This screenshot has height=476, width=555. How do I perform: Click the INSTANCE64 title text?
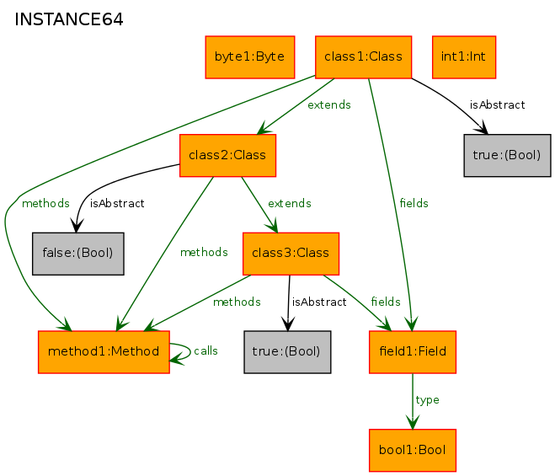coord(69,19)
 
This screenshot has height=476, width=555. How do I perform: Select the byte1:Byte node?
coord(250,57)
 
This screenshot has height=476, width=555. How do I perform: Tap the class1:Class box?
coord(364,57)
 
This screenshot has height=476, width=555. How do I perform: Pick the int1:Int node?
coord(464,57)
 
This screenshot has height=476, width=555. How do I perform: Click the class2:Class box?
coord(227,155)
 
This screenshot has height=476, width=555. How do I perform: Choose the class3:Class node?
coord(291,254)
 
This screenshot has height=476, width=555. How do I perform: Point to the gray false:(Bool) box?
coord(77,254)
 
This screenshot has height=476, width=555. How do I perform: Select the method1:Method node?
coord(104,352)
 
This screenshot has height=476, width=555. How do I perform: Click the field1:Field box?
coord(413,352)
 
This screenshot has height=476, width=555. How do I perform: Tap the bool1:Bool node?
coord(413,451)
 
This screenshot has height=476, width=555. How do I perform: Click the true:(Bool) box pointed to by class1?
coord(507,155)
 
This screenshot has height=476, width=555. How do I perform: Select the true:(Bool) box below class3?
coord(287,352)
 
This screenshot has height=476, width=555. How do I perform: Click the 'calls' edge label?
coord(205,351)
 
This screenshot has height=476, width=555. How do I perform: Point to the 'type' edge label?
coord(427,400)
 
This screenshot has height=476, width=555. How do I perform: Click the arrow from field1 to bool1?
coord(413,401)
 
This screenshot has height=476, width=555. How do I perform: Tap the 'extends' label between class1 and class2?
coord(329,104)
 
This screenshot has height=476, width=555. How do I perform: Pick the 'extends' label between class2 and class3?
coord(290,203)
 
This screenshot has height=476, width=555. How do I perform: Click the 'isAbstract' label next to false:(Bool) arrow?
coord(117,203)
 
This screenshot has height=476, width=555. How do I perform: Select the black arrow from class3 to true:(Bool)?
coord(289,303)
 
